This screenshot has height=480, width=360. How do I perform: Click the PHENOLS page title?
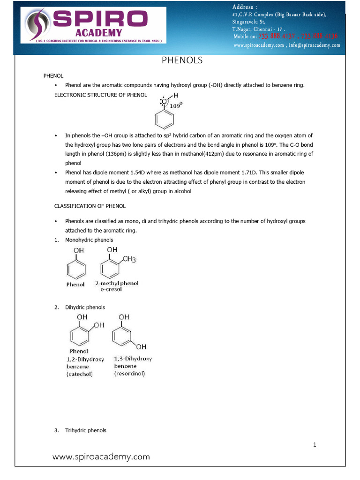(182, 60)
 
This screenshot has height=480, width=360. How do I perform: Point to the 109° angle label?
(176, 105)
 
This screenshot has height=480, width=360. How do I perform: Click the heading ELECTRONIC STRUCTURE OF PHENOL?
(101, 95)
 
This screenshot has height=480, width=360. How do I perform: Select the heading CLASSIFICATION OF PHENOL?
(90, 206)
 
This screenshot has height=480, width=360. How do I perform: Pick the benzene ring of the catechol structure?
(79, 336)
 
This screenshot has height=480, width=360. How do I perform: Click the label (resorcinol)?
(129, 374)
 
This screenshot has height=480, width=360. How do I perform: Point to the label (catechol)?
(79, 374)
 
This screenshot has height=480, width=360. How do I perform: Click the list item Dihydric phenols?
(85, 307)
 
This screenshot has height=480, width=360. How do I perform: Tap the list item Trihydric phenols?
(86, 430)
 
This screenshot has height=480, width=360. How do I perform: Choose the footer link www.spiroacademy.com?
(101, 456)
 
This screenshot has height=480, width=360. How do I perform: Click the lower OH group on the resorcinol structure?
(141, 347)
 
